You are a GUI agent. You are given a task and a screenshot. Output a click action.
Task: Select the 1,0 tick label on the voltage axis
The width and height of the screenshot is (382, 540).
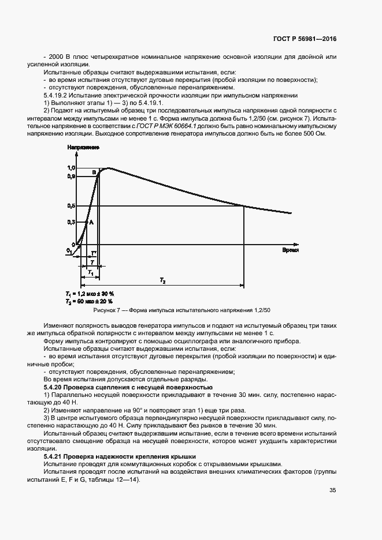coord(72,167)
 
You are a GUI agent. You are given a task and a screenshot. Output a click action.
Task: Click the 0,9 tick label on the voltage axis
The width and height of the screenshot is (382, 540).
coord(72,175)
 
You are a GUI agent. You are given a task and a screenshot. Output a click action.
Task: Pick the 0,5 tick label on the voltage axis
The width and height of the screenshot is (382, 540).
coord(72,205)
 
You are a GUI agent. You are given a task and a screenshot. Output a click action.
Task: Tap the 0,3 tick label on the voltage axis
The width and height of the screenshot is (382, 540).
coord(72,222)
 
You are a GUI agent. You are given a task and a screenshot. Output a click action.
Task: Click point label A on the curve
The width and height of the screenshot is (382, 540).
coord(91,222)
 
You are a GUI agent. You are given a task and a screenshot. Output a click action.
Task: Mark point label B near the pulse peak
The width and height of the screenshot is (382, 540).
coord(94,172)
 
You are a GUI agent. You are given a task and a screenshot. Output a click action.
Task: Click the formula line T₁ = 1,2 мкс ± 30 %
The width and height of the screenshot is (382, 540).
coord(90,294)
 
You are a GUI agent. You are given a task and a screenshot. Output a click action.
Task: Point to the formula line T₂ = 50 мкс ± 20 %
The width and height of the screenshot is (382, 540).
coord(90,301)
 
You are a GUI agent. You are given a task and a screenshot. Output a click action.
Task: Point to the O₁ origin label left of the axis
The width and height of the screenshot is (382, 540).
coord(69,250)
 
